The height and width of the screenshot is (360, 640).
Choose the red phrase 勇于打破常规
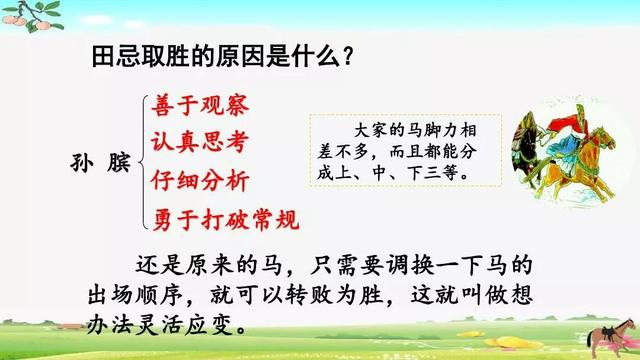tap(225, 218)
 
